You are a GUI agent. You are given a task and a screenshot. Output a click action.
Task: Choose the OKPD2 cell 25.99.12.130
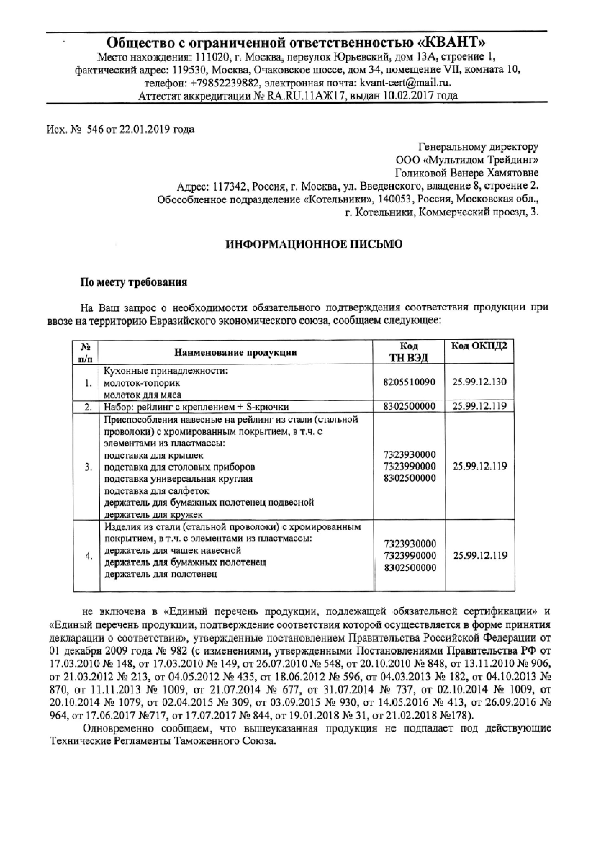(x=480, y=382)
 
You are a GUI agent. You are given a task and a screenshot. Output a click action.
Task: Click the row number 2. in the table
(x=88, y=407)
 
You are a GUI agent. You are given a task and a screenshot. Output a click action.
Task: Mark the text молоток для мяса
(x=143, y=395)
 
